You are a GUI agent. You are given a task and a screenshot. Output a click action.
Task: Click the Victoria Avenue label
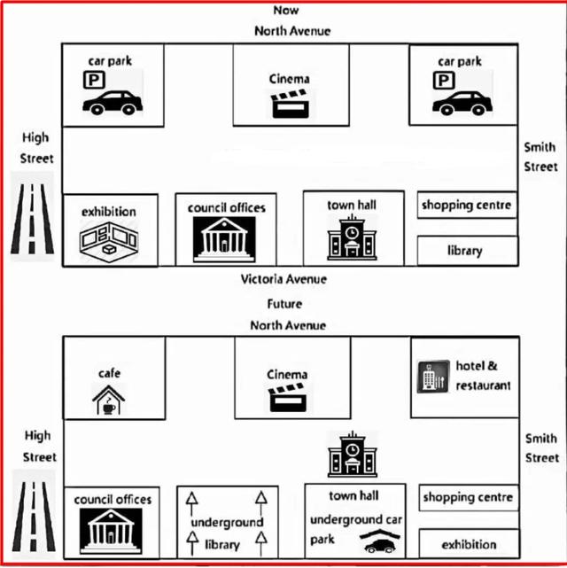(283, 279)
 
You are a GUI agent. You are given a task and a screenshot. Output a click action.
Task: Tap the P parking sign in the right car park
(441, 82)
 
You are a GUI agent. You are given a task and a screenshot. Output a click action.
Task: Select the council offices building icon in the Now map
(224, 237)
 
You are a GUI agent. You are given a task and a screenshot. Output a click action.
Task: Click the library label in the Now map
(464, 251)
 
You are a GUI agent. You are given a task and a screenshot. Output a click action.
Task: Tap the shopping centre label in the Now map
(466, 206)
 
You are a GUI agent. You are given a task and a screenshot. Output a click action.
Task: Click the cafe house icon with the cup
(109, 401)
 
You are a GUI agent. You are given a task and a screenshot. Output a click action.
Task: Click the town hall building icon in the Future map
(352, 454)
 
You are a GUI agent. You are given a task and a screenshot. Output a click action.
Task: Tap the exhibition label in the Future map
(469, 544)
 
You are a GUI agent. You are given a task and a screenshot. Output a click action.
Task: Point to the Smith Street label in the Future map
(540, 448)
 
